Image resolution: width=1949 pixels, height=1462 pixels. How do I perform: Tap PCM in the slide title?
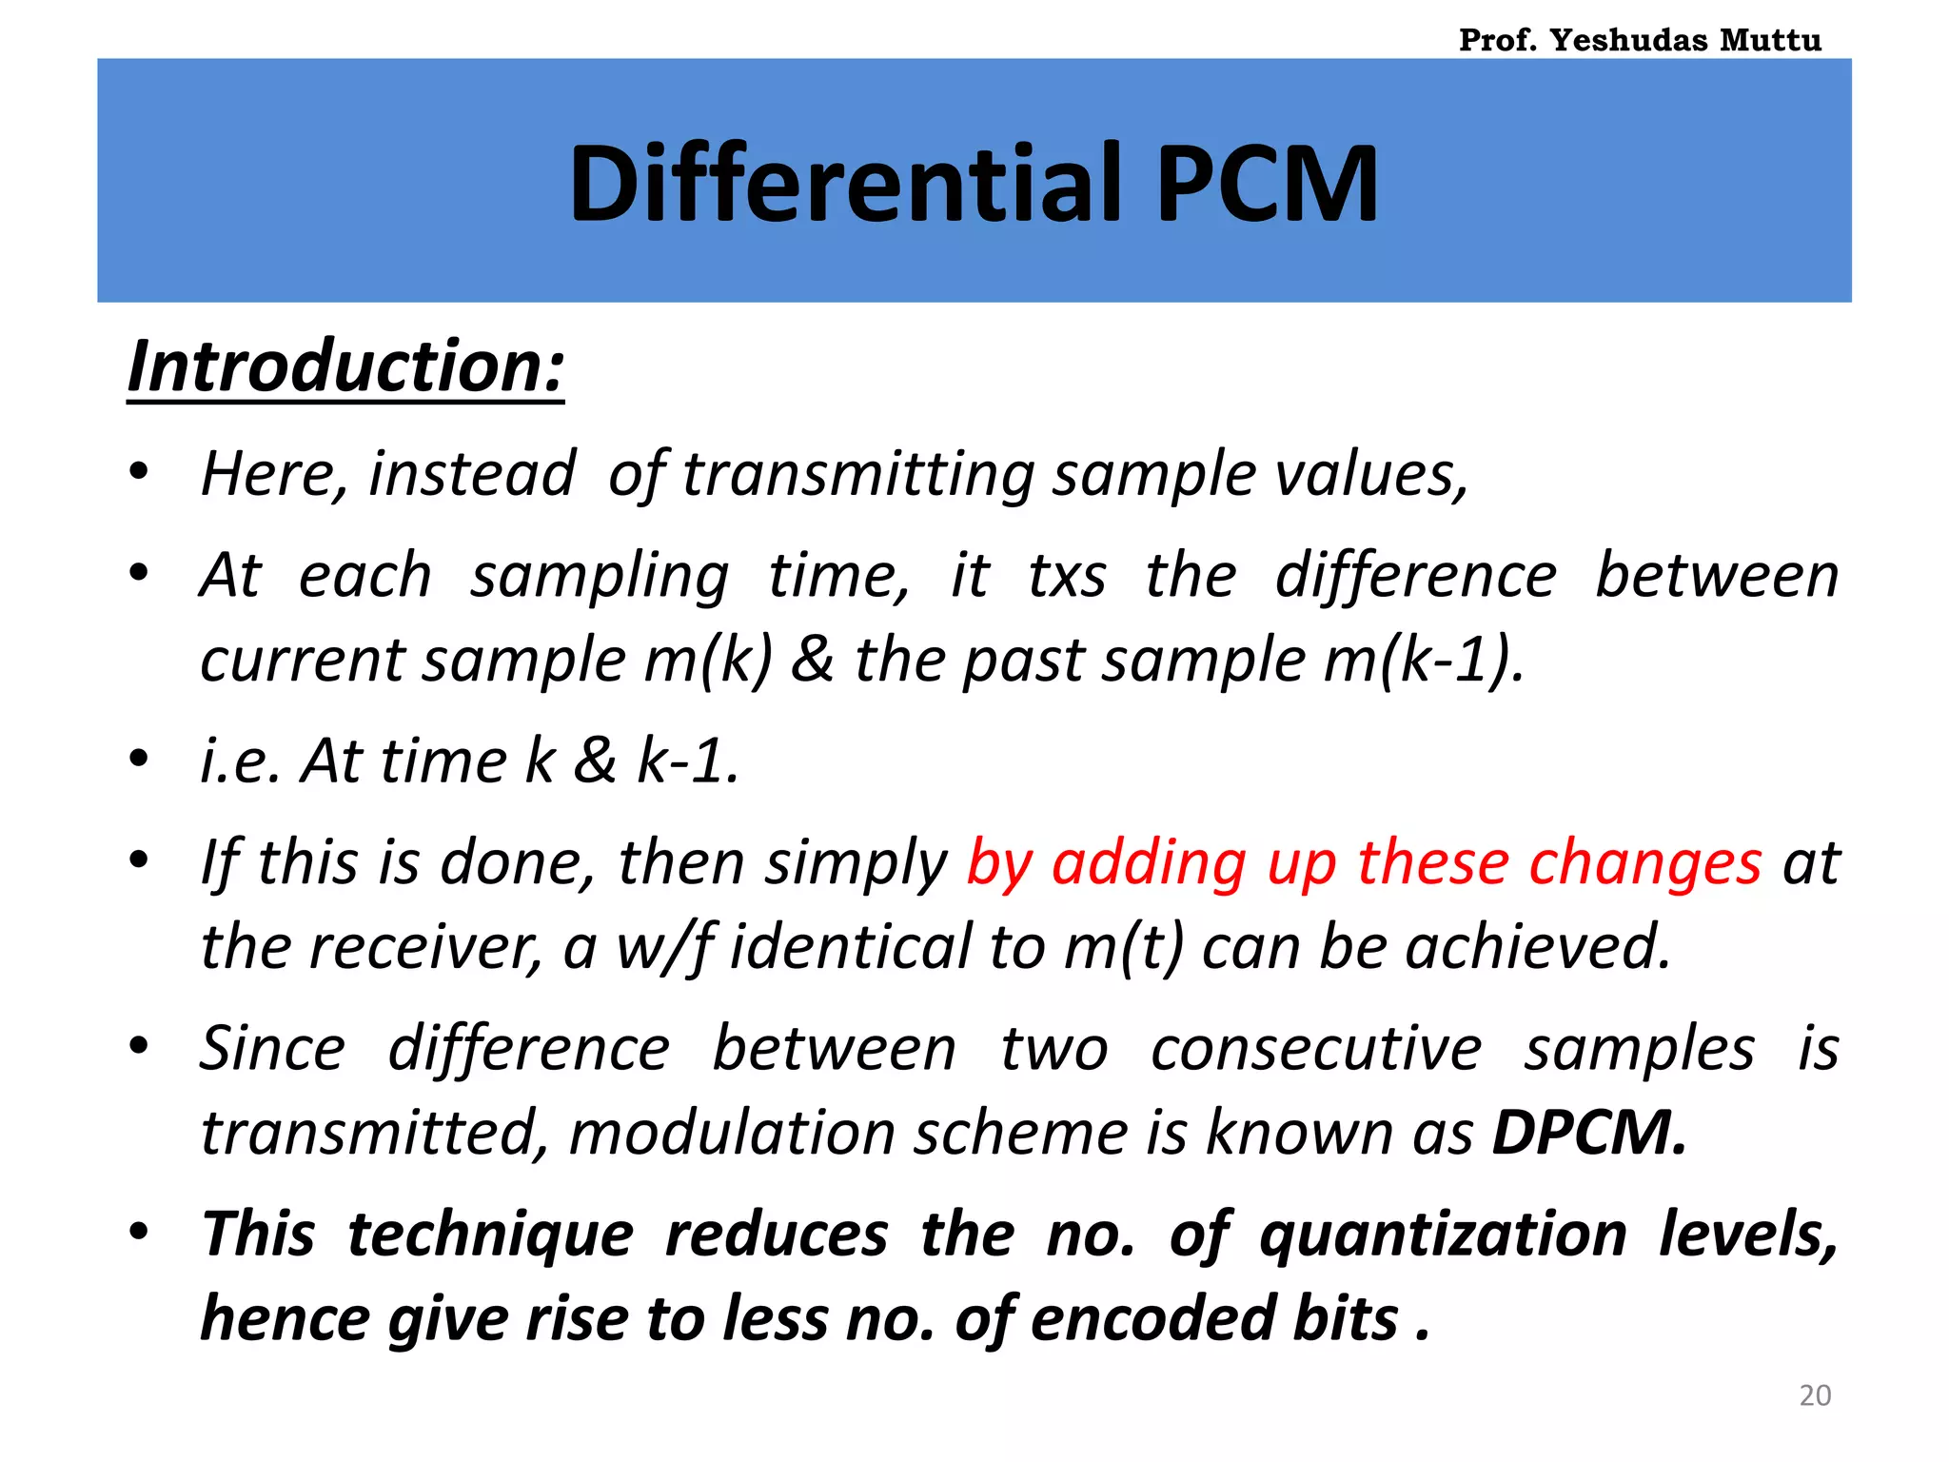[x=1266, y=184]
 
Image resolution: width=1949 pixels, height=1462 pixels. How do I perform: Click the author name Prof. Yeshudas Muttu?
[x=1640, y=40]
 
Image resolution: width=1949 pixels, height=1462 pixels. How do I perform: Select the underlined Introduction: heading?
[x=346, y=367]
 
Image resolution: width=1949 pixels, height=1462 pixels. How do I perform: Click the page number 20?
[x=1815, y=1395]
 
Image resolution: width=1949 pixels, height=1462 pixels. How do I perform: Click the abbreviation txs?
[x=1067, y=576]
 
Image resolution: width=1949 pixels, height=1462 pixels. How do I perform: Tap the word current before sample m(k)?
[x=303, y=660]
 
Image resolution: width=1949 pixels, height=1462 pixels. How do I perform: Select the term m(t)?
[x=1124, y=947]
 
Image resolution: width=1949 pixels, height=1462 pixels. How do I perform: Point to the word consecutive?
[x=1316, y=1049]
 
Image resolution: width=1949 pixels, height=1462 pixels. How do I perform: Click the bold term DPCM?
[x=1587, y=1133]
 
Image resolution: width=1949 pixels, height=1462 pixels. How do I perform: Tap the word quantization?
[x=1443, y=1235]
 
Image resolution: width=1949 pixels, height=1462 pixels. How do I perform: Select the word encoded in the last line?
[x=1152, y=1319]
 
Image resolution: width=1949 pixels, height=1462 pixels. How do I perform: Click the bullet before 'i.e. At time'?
[x=140, y=760]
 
